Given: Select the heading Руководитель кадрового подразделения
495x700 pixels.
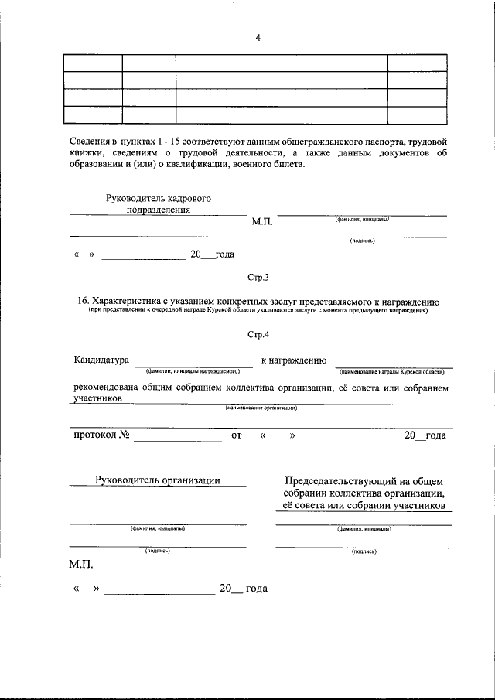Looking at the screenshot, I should pyautogui.click(x=158, y=203).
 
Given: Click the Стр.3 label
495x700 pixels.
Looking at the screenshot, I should pyautogui.click(x=258, y=277).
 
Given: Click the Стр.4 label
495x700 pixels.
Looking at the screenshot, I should pyautogui.click(x=258, y=335).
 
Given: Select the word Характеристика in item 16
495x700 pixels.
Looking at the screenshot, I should pyautogui.click(x=127, y=302).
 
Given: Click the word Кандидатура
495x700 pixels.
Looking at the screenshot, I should pyautogui.click(x=101, y=360).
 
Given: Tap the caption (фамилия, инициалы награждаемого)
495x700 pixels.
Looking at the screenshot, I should pyautogui.click(x=193, y=372).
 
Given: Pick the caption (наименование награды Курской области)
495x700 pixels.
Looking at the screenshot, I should pyautogui.click(x=391, y=372).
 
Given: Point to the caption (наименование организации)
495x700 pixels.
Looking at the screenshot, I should pyautogui.click(x=261, y=408).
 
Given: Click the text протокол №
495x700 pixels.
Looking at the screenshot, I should pyautogui.click(x=101, y=435).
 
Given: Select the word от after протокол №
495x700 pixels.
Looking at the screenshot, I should pyautogui.click(x=237, y=436).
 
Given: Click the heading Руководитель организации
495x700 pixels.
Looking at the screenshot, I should pyautogui.click(x=157, y=480).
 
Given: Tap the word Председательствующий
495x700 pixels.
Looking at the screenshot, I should pyautogui.click(x=340, y=480).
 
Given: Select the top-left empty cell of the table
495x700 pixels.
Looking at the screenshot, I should pyautogui.click(x=92, y=63).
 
